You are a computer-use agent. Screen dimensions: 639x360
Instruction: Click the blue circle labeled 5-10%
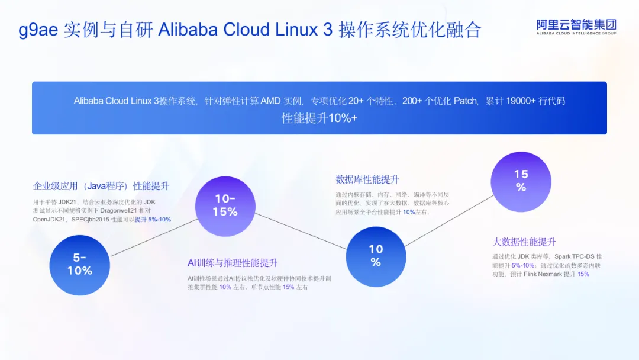79,265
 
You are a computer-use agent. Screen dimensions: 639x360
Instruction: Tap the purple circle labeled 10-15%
225,206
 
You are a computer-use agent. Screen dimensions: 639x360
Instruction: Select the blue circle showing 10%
376,256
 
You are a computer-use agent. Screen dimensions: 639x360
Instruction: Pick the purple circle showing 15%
521,182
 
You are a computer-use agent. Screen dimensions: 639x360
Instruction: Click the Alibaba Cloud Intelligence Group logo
576,27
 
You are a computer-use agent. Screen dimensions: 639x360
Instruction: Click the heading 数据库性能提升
367,179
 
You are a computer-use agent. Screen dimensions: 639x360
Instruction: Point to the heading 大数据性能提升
524,242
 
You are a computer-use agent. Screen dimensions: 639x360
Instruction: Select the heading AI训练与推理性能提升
233,263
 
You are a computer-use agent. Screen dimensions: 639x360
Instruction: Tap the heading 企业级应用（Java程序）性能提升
101,187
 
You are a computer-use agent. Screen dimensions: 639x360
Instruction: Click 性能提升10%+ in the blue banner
319,118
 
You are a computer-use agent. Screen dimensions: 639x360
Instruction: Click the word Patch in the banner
466,101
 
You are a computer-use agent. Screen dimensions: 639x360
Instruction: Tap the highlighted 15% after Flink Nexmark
583,274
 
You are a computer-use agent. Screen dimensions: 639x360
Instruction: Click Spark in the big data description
563,256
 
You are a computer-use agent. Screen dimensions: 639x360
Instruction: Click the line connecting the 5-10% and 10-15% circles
154,237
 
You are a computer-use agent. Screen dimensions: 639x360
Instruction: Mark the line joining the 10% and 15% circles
450,221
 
